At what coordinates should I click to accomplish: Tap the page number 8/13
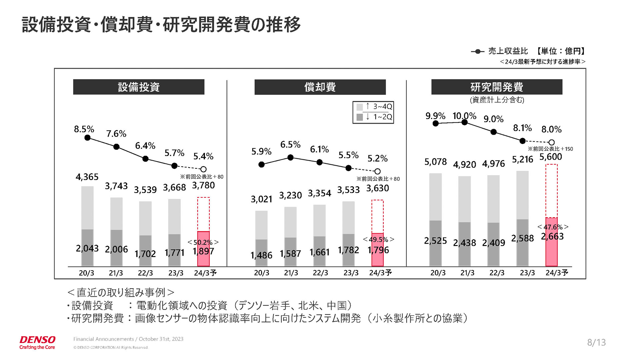(596, 342)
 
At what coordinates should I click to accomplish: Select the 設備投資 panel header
(139, 87)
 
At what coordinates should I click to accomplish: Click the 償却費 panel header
(320, 87)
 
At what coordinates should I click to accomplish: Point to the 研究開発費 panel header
(497, 87)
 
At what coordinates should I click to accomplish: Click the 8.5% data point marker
(87, 138)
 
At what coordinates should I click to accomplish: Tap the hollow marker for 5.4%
(203, 169)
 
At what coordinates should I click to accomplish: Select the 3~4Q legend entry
(374, 107)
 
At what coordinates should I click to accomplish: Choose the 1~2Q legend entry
(374, 117)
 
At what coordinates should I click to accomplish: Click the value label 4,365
(87, 177)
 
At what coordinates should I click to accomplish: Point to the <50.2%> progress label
(203, 242)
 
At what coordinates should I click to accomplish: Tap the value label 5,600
(551, 157)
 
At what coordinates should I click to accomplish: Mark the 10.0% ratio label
(464, 116)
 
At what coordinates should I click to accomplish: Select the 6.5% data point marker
(290, 157)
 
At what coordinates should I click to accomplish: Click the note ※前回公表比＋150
(550, 149)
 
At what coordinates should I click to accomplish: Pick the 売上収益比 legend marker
(478, 51)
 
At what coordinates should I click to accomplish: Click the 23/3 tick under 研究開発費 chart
(527, 273)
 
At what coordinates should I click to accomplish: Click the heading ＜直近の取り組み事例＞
(121, 292)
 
